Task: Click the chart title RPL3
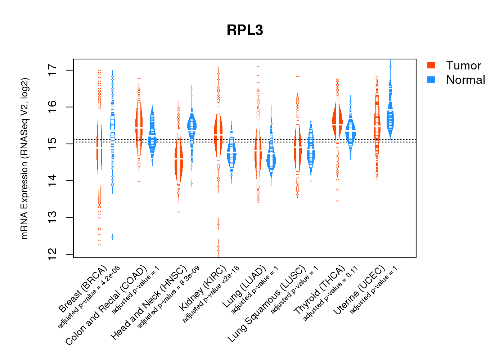click(x=245, y=30)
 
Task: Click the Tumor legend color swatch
click(x=431, y=65)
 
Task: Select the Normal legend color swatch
click(x=431, y=80)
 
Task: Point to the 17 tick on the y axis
click(x=53, y=70)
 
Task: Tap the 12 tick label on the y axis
click(x=53, y=254)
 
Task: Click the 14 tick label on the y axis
click(x=53, y=180)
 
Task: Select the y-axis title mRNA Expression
click(x=24, y=158)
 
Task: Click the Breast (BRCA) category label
click(x=83, y=289)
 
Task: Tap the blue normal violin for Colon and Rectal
click(x=152, y=137)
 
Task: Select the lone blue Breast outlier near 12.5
click(x=112, y=237)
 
